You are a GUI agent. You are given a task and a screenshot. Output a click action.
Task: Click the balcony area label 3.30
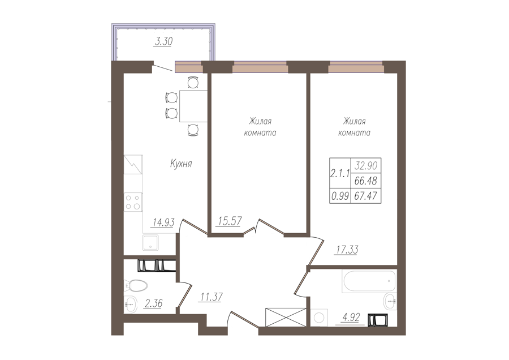(x=163, y=41)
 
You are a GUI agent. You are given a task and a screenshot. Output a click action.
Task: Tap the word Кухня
(x=181, y=164)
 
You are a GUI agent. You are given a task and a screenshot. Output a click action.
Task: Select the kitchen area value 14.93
(x=163, y=222)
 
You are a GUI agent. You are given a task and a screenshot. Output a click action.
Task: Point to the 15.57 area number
(x=230, y=221)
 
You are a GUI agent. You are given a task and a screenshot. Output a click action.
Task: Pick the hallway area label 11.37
(x=212, y=297)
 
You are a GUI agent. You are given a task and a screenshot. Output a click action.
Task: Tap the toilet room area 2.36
(x=153, y=303)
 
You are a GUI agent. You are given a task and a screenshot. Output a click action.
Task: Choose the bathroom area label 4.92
(x=351, y=318)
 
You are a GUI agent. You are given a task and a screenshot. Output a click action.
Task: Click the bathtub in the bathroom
(x=369, y=281)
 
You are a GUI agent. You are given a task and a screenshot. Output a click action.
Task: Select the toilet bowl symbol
(x=136, y=286)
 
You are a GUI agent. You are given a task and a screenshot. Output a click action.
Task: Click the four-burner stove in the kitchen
(x=133, y=202)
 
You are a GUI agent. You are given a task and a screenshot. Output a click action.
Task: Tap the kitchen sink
(x=150, y=243)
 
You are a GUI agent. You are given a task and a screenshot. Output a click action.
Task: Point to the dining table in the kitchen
(x=193, y=106)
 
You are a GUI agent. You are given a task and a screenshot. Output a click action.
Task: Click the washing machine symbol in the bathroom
(x=319, y=318)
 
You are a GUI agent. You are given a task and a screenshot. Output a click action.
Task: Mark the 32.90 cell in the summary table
(x=366, y=166)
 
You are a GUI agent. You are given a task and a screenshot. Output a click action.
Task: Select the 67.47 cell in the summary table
(x=366, y=196)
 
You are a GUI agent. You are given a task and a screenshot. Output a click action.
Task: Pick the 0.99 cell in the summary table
(x=340, y=196)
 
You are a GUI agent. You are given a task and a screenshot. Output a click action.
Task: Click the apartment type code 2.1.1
(x=340, y=174)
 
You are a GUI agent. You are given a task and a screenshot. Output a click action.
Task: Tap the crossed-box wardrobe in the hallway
(x=286, y=317)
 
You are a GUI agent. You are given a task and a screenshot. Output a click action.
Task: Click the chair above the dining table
(x=193, y=83)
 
